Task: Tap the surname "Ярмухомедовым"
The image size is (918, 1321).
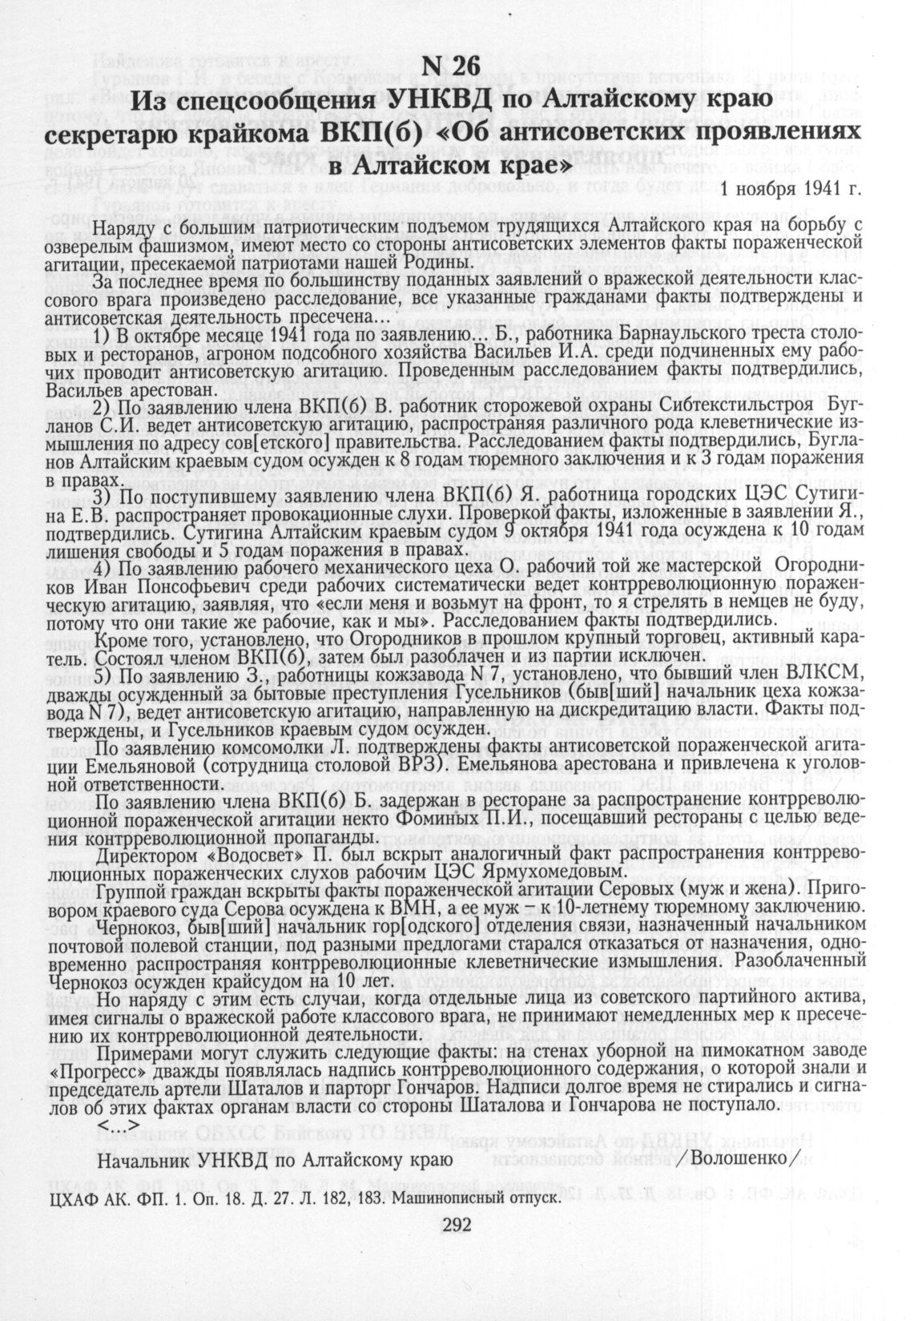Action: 559,871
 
